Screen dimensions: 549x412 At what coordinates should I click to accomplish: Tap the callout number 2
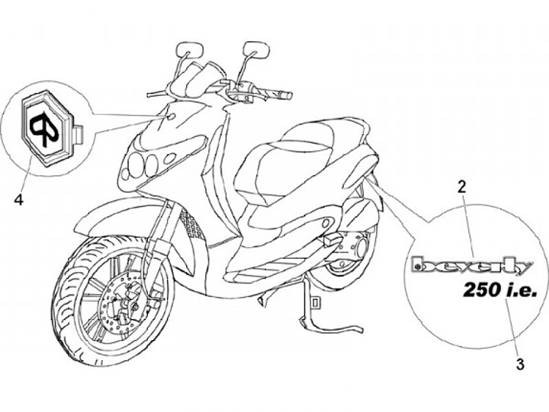tap(460, 185)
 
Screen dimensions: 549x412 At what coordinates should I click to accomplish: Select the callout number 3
tap(520, 364)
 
